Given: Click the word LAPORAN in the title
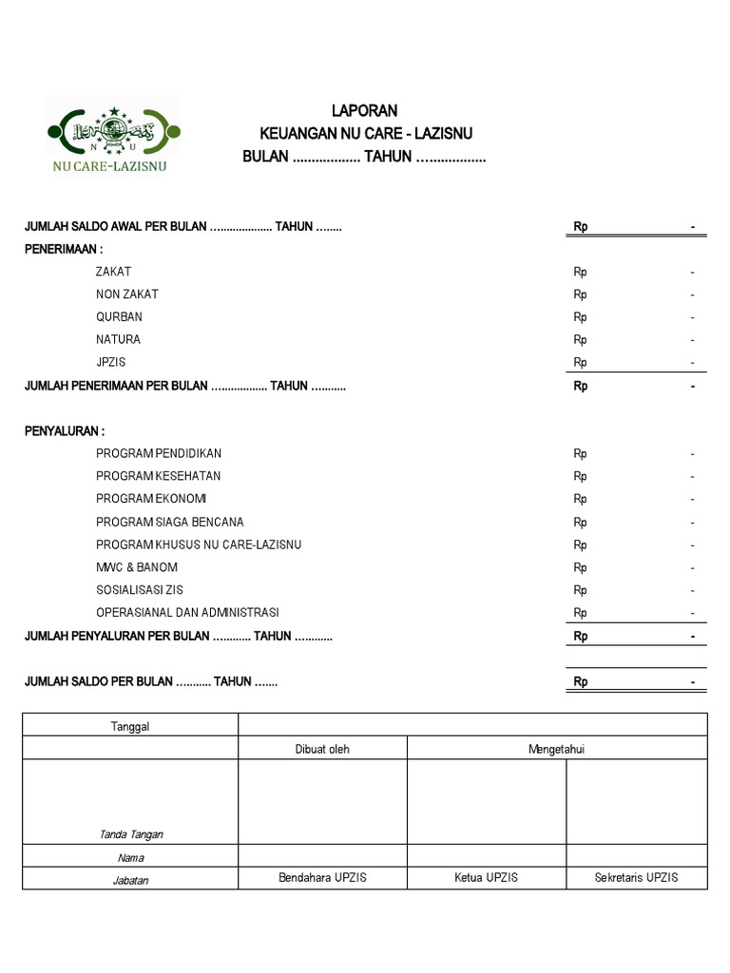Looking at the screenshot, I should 364,111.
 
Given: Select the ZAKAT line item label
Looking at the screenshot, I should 113,272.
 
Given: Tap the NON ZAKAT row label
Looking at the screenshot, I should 127,295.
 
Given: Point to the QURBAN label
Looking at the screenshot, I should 119,317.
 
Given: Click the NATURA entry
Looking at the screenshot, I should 118,340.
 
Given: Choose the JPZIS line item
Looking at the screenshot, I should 110,363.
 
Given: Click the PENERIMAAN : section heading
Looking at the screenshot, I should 64,249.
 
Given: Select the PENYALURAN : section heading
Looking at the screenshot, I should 64,431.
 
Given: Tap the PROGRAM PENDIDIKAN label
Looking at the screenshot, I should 159,454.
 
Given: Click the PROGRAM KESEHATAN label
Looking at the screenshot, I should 158,476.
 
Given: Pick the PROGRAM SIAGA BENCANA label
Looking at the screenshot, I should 169,523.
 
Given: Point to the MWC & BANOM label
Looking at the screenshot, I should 137,568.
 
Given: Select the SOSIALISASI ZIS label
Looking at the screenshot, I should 140,590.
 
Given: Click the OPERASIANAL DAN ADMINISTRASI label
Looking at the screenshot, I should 187,613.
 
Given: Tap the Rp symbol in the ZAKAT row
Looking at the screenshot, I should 580,272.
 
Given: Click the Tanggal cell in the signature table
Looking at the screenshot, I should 130,727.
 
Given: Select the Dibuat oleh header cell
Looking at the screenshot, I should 322,750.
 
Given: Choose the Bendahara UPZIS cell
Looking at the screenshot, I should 322,878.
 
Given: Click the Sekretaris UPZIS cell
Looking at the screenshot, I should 636,878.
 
